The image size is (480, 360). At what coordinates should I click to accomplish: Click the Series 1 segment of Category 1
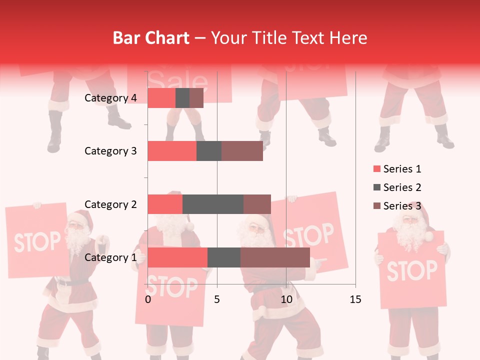[177, 257]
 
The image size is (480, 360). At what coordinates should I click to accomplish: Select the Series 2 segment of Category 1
[224, 257]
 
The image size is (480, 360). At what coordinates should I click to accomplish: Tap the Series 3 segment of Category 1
[275, 257]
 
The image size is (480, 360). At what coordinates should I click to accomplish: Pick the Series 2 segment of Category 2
[213, 204]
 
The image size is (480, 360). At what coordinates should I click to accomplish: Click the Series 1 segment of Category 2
[165, 204]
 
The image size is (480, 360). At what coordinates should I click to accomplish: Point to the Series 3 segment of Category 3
[242, 151]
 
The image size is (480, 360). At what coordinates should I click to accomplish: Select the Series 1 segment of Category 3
[172, 151]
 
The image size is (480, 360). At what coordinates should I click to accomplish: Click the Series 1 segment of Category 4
[161, 98]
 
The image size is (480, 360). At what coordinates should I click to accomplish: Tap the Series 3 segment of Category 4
[196, 98]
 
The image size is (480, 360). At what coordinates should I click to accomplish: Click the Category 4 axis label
[110, 98]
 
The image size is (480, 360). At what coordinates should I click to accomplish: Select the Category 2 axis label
[110, 204]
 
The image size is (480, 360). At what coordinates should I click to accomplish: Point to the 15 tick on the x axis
[355, 299]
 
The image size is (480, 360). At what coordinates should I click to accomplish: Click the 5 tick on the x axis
[217, 299]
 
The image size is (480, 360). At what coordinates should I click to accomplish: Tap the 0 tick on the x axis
[148, 299]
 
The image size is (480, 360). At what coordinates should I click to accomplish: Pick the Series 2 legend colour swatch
[376, 187]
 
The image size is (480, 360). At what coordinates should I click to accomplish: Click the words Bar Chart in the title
[150, 38]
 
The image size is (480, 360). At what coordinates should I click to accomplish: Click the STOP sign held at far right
[411, 270]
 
